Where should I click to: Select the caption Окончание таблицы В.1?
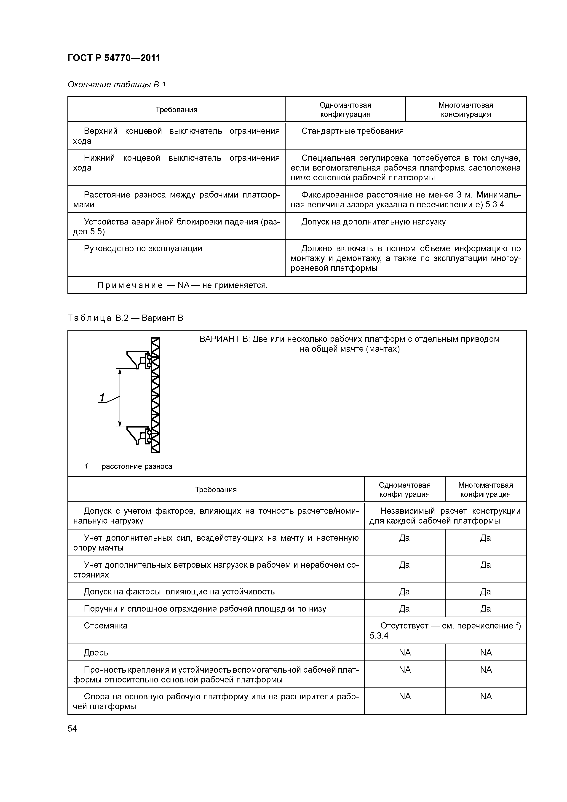[117, 85]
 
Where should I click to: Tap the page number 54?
[72, 729]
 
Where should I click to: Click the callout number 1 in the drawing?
[102, 398]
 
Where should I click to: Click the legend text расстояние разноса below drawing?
[136, 466]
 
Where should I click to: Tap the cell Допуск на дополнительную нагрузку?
[373, 222]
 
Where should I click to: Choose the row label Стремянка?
[105, 626]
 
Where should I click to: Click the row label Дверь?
[96, 652]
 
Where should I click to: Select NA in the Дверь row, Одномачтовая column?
[404, 652]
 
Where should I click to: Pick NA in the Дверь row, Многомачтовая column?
[486, 652]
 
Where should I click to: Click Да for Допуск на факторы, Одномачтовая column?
[404, 592]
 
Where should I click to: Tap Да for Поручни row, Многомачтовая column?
[486, 609]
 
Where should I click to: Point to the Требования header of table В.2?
[216, 490]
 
